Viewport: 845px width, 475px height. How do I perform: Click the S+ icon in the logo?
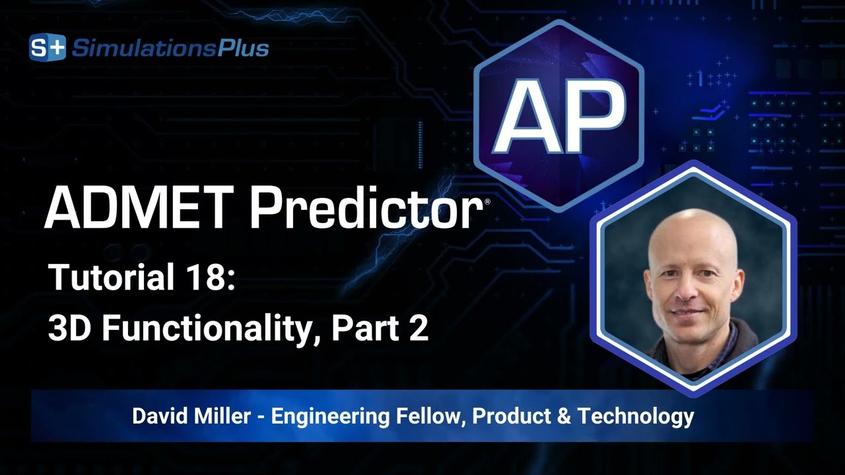click(x=48, y=48)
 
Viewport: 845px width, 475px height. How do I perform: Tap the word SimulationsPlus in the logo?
click(x=170, y=48)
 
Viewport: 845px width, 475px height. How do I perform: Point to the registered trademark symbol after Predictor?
click(x=487, y=201)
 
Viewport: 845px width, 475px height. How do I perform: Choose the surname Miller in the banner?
click(x=226, y=416)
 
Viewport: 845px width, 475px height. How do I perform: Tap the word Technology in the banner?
click(x=635, y=417)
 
